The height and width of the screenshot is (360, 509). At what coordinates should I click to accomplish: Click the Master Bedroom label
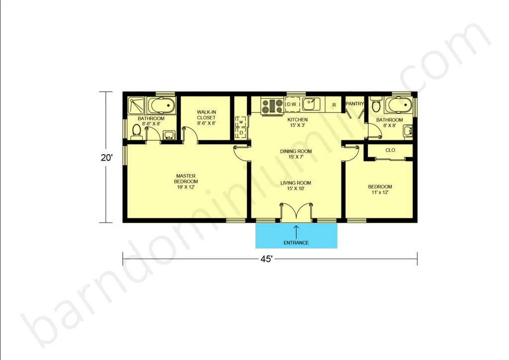point(186,181)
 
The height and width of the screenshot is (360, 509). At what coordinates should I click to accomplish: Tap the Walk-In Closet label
point(206,117)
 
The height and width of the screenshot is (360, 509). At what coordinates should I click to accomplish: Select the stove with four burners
point(272,106)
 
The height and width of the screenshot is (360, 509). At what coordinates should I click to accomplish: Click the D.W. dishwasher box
point(292,104)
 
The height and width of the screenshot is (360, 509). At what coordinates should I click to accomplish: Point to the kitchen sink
point(311,104)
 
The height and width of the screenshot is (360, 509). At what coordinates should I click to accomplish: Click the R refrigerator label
point(334,105)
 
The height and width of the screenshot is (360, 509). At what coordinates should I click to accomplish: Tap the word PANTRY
point(354,103)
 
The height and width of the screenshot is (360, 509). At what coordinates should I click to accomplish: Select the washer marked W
point(241,122)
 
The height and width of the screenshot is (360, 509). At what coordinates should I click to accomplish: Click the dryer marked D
point(241,132)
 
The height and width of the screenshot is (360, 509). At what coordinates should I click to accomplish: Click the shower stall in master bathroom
point(136,105)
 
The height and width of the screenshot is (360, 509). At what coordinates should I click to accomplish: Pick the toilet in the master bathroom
point(137,131)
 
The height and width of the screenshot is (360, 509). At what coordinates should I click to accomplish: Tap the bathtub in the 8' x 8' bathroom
point(398,104)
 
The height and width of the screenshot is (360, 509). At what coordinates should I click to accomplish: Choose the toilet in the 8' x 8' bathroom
point(376,104)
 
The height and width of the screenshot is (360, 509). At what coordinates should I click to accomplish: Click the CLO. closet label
point(391,150)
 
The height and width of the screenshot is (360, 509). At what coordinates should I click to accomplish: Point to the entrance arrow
point(296,232)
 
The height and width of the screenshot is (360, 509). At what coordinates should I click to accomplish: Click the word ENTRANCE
point(296,243)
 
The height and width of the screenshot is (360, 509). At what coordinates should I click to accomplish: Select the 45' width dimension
point(266,259)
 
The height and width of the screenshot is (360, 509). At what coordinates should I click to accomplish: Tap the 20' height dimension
point(106,158)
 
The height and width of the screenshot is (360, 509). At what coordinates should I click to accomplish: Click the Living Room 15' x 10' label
point(296,185)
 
